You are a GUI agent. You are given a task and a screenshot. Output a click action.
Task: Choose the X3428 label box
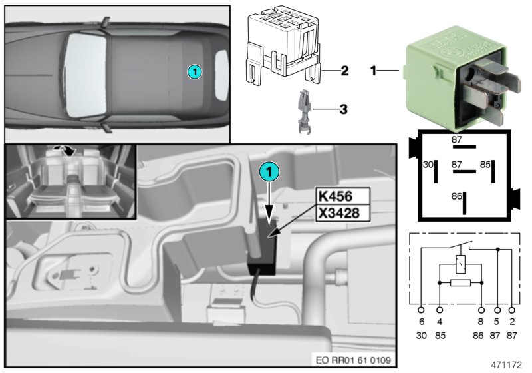(x=342, y=212)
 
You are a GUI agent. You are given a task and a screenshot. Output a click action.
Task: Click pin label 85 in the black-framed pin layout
(x=485, y=163)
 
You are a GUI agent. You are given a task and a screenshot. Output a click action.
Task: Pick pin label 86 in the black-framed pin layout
(x=456, y=198)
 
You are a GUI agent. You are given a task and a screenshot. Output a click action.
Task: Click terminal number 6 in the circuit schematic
(x=421, y=322)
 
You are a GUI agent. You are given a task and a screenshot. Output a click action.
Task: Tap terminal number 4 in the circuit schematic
(x=440, y=322)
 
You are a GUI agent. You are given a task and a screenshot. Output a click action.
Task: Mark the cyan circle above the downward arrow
(x=267, y=171)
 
